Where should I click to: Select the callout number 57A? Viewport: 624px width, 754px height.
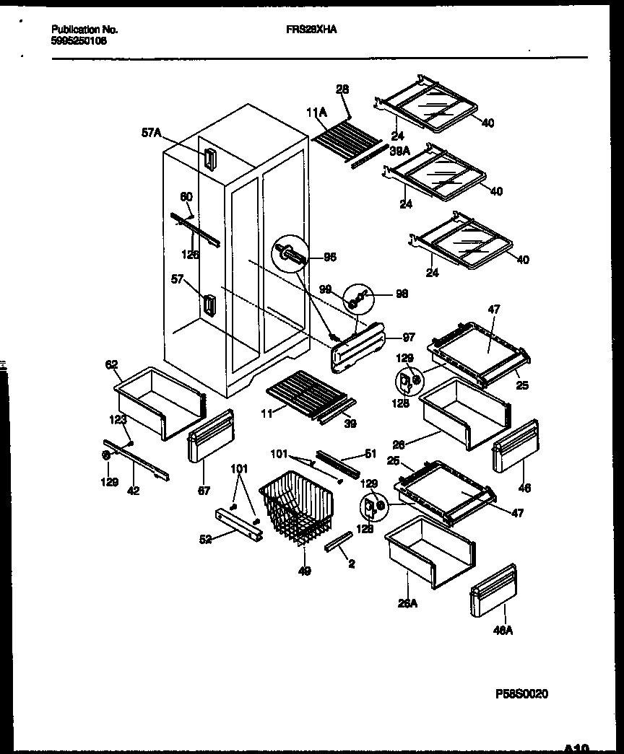click(x=151, y=133)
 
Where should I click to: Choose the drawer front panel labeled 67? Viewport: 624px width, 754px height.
click(x=211, y=436)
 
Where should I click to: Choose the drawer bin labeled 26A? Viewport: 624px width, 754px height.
click(x=429, y=552)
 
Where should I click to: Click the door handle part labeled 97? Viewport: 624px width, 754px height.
click(x=358, y=347)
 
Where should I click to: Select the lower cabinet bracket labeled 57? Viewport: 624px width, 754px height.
click(x=209, y=306)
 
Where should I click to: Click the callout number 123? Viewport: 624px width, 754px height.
click(x=118, y=418)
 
